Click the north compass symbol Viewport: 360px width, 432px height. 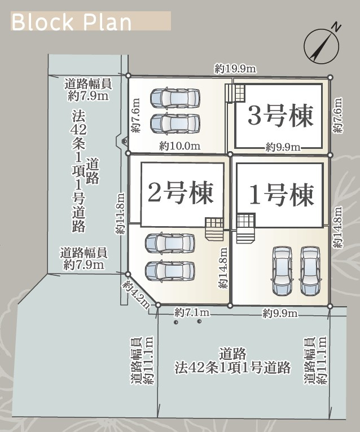coord(322,46)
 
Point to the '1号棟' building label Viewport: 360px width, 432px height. coord(282,195)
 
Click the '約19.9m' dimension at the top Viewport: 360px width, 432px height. coord(235,69)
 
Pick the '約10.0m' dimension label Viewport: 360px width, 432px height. coord(180,146)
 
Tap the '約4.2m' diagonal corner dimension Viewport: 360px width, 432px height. coord(136,294)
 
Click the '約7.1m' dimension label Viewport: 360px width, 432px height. coord(192,312)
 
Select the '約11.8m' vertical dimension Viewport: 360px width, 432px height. coord(120,214)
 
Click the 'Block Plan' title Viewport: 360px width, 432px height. coord(72,22)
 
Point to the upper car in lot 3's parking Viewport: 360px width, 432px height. coord(175,98)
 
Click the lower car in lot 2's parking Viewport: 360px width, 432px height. coord(170,271)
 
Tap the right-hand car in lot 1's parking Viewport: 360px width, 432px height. coord(310,271)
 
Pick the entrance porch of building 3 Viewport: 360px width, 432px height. coord(235,93)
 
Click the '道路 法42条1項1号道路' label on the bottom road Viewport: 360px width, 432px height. coord(232,361)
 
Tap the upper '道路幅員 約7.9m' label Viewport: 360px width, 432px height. coord(88,90)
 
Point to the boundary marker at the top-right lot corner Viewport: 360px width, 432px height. coord(331,77)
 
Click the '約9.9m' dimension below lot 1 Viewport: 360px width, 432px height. coord(280,313)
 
